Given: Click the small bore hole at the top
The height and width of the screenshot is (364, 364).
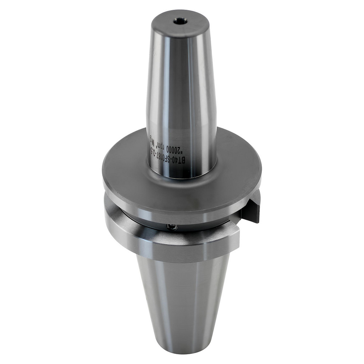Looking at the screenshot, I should point(180,22).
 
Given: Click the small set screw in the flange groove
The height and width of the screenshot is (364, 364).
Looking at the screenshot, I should point(171,227).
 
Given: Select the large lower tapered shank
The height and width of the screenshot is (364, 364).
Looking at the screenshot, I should point(182,298).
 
